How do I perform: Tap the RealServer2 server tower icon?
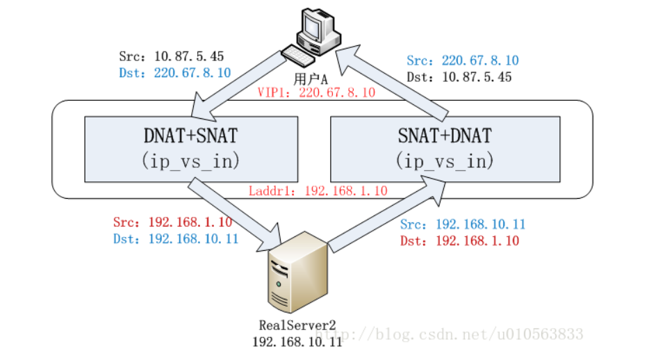(x=298, y=272)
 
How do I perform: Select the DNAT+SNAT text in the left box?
(x=191, y=136)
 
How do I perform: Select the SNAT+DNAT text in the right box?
(x=445, y=136)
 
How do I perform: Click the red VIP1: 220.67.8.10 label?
(x=316, y=92)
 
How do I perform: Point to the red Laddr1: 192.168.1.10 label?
(x=318, y=190)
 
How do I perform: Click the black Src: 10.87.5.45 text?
(x=172, y=56)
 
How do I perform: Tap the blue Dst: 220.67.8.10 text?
(x=174, y=73)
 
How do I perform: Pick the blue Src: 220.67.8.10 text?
(x=463, y=60)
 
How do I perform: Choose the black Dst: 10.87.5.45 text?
(x=459, y=77)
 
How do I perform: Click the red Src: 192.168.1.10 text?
(x=172, y=222)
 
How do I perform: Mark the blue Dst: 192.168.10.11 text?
(x=176, y=239)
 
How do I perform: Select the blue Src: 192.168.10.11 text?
(x=463, y=224)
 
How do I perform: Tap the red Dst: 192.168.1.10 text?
(x=459, y=241)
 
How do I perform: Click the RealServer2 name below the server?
(x=297, y=325)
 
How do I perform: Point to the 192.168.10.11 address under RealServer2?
(x=297, y=342)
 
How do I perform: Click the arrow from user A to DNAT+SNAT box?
(x=239, y=86)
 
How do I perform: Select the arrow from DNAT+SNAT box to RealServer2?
(x=235, y=215)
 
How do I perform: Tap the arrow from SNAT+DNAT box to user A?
(x=392, y=83)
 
